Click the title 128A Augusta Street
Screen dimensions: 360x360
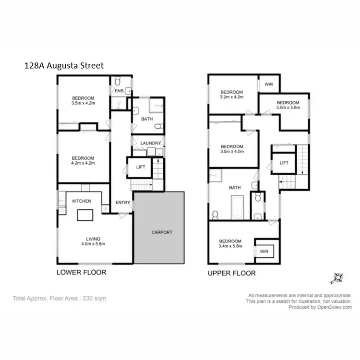(63, 65)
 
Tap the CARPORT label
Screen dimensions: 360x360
(161, 232)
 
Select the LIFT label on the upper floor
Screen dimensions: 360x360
(284, 163)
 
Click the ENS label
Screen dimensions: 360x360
(118, 90)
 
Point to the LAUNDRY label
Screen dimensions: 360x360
(150, 143)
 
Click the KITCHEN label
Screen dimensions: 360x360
(82, 201)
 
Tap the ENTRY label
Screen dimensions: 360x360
(122, 203)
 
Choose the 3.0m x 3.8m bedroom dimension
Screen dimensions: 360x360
(288, 108)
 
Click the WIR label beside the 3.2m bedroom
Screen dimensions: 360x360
(268, 84)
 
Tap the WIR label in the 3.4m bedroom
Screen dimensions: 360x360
(264, 252)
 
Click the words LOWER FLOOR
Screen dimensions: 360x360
(81, 272)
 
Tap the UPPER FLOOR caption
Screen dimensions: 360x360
(231, 273)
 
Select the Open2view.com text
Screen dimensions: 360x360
(334, 307)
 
